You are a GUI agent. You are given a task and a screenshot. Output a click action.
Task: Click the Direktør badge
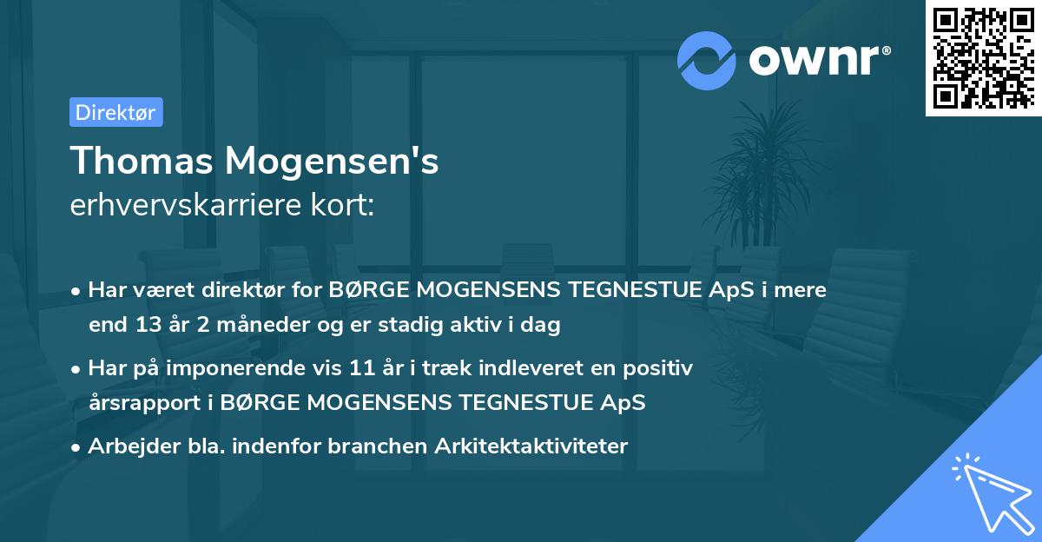point(115,112)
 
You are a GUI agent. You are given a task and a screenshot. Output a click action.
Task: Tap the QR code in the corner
point(983,57)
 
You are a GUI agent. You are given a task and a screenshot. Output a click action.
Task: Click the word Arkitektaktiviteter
point(539,446)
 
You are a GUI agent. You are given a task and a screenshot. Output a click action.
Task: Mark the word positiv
point(662,368)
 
